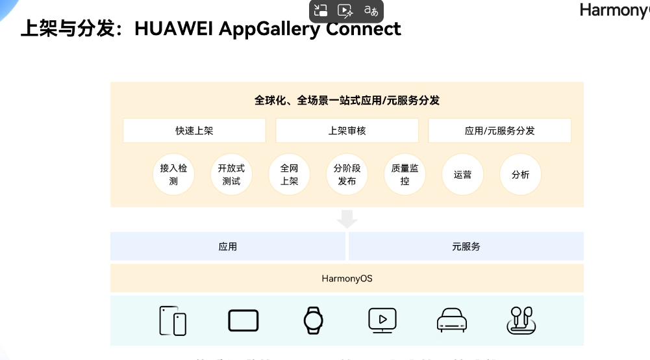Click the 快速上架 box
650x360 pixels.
(194, 131)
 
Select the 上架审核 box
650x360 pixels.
(347, 131)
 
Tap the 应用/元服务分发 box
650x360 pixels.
(499, 131)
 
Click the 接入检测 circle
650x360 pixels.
(173, 175)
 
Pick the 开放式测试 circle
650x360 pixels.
(231, 175)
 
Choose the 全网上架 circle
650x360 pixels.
(289, 175)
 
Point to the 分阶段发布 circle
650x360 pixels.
(347, 175)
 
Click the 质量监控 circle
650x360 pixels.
(405, 175)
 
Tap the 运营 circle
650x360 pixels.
(462, 175)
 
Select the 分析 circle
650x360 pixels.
(520, 175)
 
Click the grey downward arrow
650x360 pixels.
(347, 219)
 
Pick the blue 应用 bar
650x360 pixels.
(228, 247)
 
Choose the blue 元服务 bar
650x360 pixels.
(466, 247)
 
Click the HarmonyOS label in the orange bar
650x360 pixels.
(347, 279)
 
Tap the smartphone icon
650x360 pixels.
(173, 321)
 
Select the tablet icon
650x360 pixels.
(244, 320)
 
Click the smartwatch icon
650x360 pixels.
(313, 320)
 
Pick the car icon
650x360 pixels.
(453, 320)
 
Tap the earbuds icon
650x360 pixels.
(521, 320)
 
